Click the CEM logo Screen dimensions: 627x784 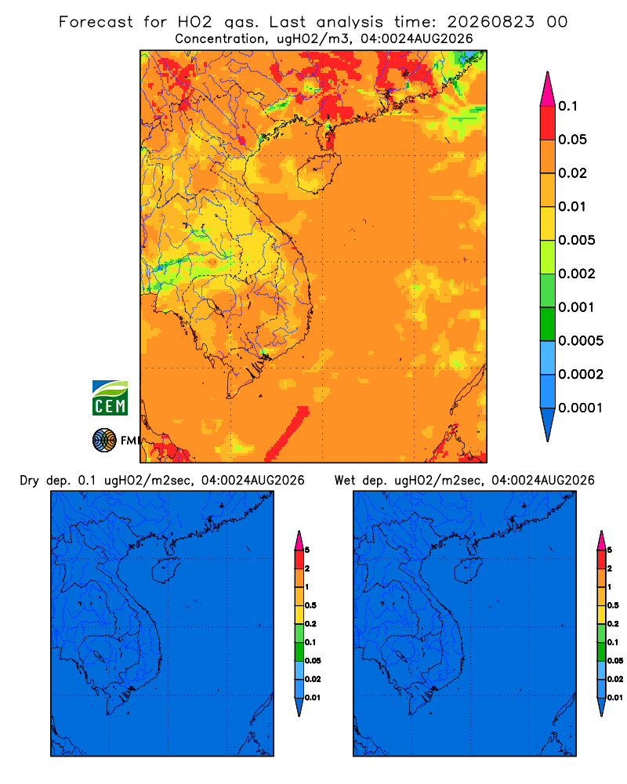(110, 398)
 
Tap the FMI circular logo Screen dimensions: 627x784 (104, 440)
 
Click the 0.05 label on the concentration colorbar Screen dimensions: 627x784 (572, 140)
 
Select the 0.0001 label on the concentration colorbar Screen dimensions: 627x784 (581, 408)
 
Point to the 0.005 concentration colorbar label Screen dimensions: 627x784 (577, 240)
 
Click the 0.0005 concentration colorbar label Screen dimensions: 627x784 (581, 341)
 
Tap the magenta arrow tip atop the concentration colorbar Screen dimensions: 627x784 (548, 89)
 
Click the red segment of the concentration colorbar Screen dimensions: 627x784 (548, 123)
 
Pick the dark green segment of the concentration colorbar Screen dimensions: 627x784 (548, 324)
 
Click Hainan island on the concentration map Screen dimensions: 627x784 (318, 173)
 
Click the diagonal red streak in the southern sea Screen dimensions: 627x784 (287, 434)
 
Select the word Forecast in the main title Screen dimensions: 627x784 (96, 22)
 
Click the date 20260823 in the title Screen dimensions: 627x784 (491, 22)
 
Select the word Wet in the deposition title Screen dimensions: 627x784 (345, 481)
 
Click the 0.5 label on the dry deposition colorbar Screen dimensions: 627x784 (310, 605)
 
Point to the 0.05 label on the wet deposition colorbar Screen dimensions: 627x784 (615, 661)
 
